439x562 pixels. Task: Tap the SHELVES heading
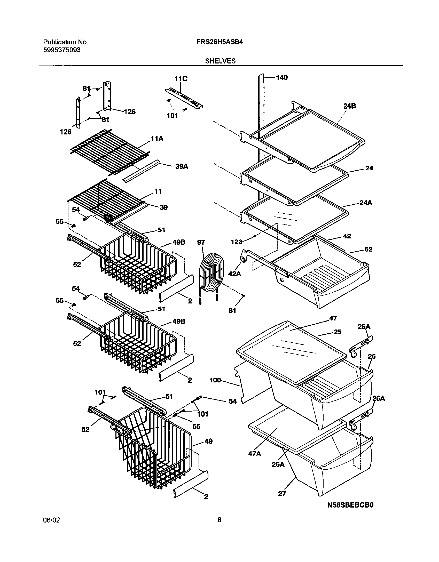pyautogui.click(x=220, y=61)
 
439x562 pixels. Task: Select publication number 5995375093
pyautogui.click(x=62, y=50)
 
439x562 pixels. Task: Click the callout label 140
pyautogui.click(x=282, y=77)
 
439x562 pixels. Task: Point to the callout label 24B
pyautogui.click(x=350, y=106)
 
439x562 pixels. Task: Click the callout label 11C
pyautogui.click(x=181, y=79)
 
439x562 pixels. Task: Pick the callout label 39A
pyautogui.click(x=182, y=166)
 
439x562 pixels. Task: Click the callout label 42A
pyautogui.click(x=234, y=274)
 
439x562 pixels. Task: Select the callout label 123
pyautogui.click(x=237, y=242)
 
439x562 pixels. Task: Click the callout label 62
pyautogui.click(x=369, y=249)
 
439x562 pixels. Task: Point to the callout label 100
pyautogui.click(x=215, y=380)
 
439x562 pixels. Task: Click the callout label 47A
pyautogui.click(x=255, y=453)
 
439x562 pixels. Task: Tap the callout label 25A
pyautogui.click(x=278, y=464)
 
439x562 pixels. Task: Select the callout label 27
pyautogui.click(x=282, y=493)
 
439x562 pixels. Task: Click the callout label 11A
pyautogui.click(x=157, y=139)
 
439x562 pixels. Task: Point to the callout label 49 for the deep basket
pyautogui.click(x=208, y=441)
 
